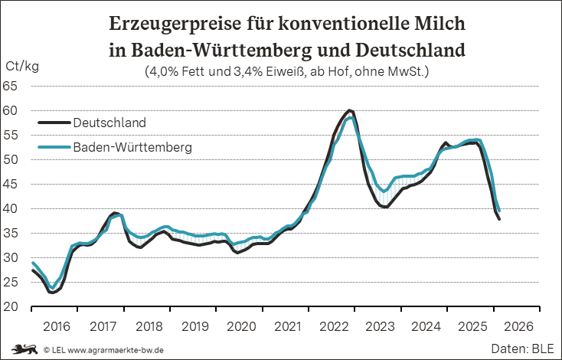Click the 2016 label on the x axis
pos(57,326)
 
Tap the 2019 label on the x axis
pos(195,326)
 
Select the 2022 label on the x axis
pos(334,326)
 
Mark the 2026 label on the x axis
pos(518,326)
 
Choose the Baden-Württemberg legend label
pos(132,146)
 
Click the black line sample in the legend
pos(54,123)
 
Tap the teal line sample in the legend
pos(54,146)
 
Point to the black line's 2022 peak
pos(349,110)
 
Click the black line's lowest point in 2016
pos(52,293)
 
